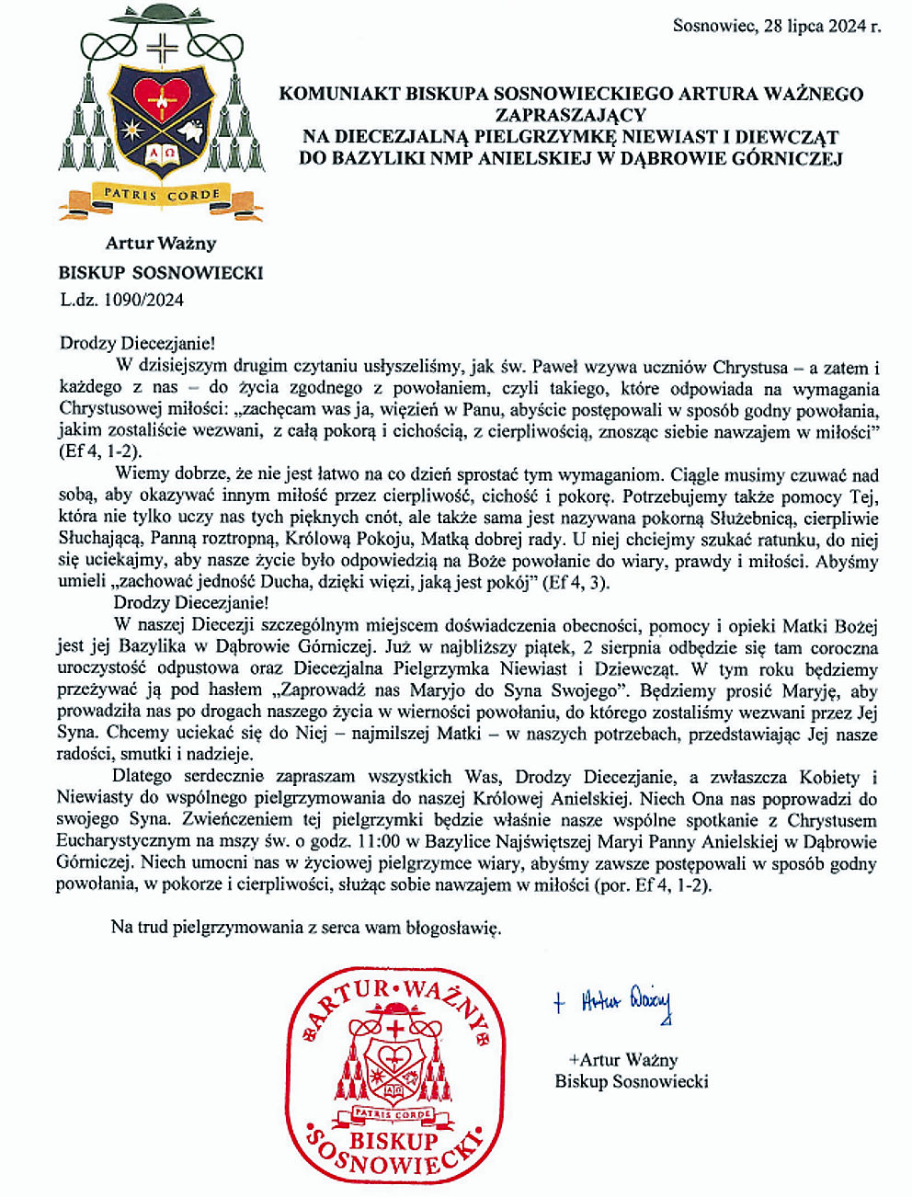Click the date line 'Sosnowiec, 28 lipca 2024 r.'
[x=777, y=26]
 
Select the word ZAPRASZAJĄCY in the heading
[x=571, y=115]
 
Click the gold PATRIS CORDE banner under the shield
[x=162, y=195]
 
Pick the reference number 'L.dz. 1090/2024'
[x=122, y=299]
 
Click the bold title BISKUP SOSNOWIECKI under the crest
[x=161, y=272]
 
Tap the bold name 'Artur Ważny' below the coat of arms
[x=161, y=244]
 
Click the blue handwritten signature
[x=613, y=1003]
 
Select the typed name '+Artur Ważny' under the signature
[x=622, y=1059]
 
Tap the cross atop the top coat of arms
[x=162, y=46]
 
